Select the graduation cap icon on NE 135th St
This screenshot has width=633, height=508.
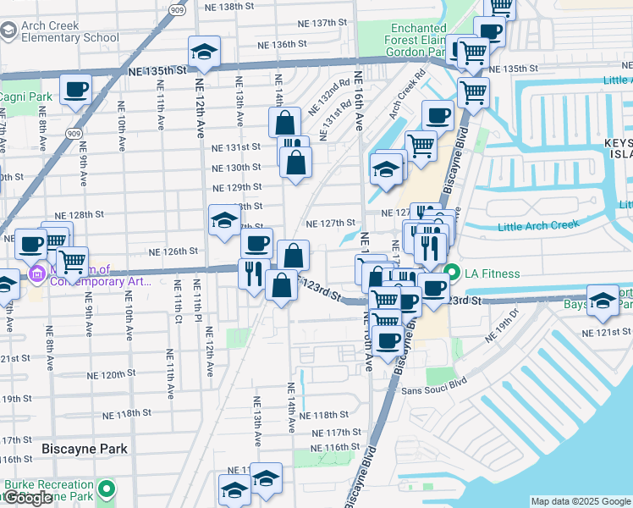click(204, 52)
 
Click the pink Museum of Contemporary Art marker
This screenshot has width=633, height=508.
click(36, 275)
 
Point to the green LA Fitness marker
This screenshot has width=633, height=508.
click(451, 273)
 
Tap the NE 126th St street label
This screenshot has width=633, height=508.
click(173, 251)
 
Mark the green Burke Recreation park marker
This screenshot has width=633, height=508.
click(106, 489)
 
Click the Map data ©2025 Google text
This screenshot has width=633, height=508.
click(581, 501)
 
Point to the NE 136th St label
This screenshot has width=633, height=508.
click(277, 44)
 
